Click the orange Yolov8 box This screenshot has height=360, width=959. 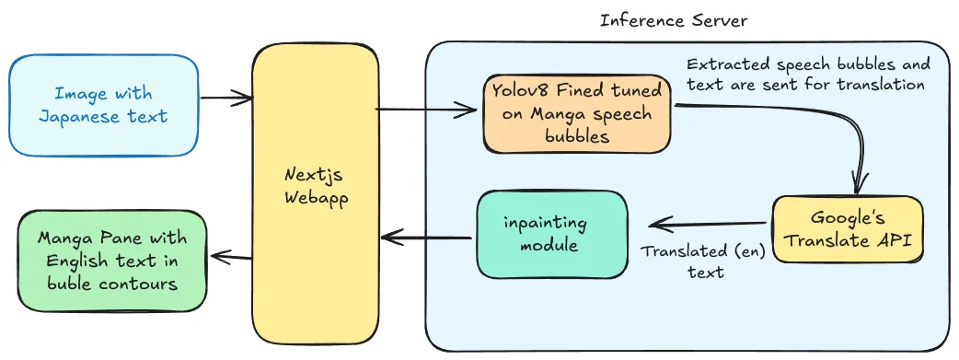[576, 113]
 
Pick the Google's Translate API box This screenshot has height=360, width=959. [847, 230]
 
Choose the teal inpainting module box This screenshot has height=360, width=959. [551, 235]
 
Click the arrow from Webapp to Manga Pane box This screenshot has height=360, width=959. [230, 257]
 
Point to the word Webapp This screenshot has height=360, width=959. [315, 197]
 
